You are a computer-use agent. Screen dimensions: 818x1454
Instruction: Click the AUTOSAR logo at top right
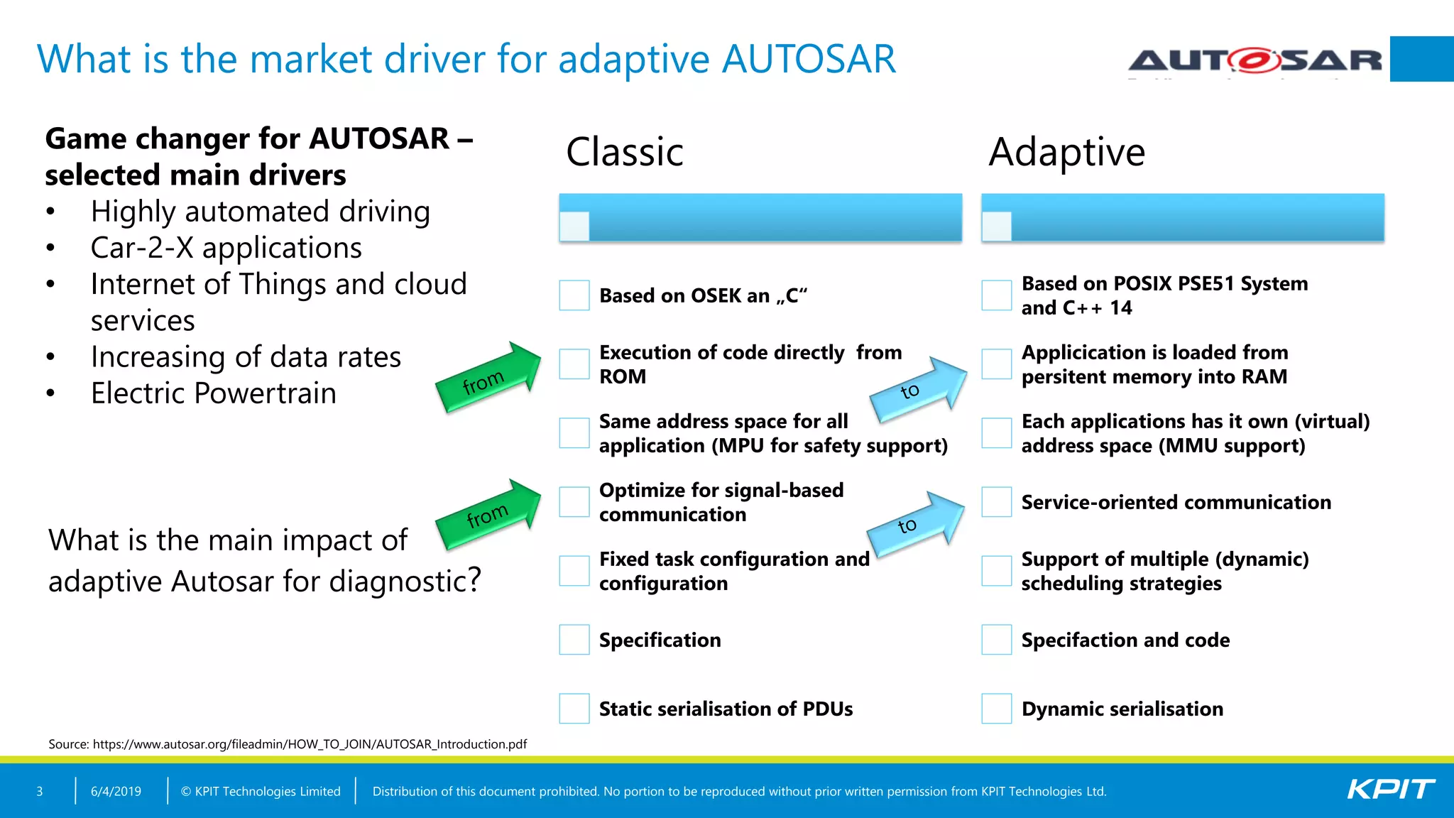tap(1255, 60)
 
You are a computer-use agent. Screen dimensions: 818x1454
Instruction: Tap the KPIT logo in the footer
tap(1390, 790)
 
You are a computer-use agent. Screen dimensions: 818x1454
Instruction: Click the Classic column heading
tap(624, 152)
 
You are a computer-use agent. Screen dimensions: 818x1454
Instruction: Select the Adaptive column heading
tap(1066, 152)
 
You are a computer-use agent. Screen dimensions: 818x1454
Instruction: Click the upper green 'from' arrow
tap(489, 378)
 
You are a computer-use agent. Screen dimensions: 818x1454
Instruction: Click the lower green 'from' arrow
tap(489, 514)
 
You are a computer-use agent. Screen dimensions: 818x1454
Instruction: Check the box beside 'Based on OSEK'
tap(574, 295)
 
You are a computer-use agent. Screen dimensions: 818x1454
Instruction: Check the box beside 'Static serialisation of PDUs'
tap(574, 709)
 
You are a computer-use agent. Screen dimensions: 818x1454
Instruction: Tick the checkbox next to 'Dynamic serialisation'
tap(996, 709)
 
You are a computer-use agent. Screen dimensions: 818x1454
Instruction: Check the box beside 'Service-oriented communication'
tap(996, 502)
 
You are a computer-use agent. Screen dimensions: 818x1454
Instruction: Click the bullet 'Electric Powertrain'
tap(213, 393)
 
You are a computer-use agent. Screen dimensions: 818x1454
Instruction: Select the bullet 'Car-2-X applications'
tap(226, 248)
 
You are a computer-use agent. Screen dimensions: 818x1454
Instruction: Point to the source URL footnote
tap(288, 744)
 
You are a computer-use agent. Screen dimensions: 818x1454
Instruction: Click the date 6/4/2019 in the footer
tap(116, 791)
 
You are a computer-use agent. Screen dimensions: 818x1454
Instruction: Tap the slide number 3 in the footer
tap(40, 791)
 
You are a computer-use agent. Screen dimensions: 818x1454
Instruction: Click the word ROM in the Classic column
tap(622, 377)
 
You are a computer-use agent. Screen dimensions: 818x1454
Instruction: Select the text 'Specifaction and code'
tap(1125, 640)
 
